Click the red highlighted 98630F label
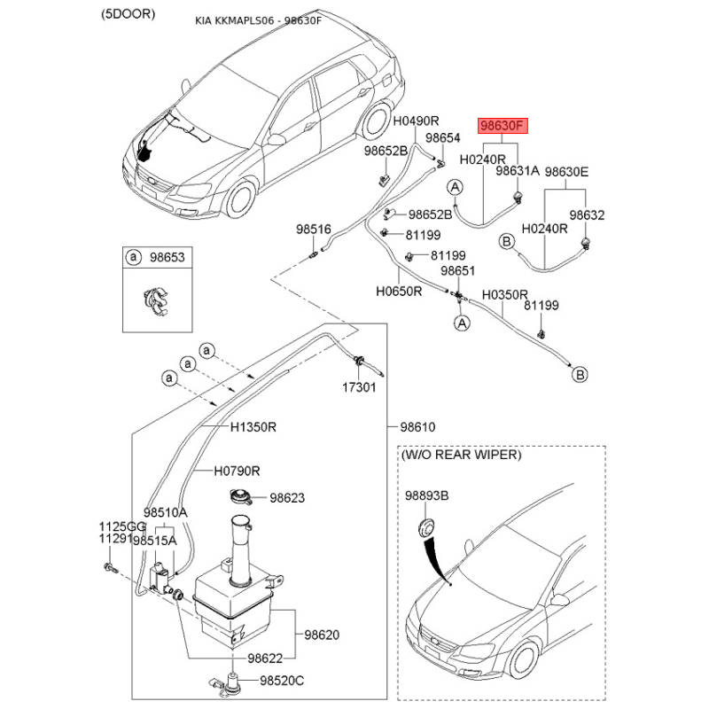(x=503, y=127)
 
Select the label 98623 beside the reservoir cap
(x=287, y=498)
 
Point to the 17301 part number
(x=359, y=388)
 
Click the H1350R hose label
(x=253, y=427)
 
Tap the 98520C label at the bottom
(x=281, y=681)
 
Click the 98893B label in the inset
(x=427, y=496)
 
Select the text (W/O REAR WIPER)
(x=462, y=455)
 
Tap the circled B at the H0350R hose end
(x=579, y=375)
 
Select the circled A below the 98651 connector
(x=461, y=324)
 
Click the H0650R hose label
(x=398, y=290)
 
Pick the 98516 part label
(x=313, y=230)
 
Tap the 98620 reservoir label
(x=322, y=635)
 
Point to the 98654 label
(x=443, y=138)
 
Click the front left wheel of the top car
(x=240, y=199)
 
